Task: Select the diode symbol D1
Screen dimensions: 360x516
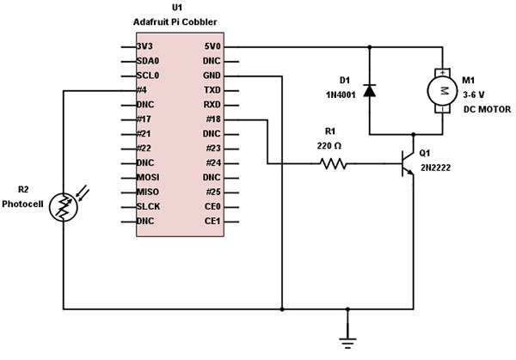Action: click(370, 88)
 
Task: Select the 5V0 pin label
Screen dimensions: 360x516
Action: click(212, 46)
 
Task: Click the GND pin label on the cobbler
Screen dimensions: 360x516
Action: click(212, 76)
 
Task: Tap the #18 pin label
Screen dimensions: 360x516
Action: click(212, 119)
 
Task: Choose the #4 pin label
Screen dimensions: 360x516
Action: click(144, 89)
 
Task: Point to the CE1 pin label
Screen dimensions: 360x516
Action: click(212, 221)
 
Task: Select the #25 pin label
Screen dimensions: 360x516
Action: click(212, 192)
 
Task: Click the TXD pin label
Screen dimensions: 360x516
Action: click(212, 89)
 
